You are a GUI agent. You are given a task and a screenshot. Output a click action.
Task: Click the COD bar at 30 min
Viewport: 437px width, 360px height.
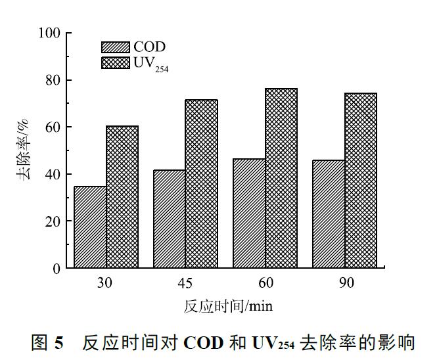coord(90,227)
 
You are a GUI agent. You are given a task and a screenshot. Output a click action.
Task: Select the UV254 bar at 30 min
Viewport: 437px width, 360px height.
coord(122,197)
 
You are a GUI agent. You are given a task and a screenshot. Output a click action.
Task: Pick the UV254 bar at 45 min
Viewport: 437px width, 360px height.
coord(202,184)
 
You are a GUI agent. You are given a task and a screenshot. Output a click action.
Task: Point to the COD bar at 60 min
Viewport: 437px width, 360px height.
coord(249,214)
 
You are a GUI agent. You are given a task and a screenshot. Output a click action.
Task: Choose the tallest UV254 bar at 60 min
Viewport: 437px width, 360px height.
coord(281,178)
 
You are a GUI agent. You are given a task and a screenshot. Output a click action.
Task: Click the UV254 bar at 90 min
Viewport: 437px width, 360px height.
coord(361,181)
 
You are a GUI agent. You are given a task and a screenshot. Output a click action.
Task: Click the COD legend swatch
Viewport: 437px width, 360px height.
coord(116,47)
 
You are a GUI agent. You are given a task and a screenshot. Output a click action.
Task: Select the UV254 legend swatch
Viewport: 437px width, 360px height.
coord(116,62)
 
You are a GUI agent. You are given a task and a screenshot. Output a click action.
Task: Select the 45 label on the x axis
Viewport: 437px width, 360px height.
coord(185,284)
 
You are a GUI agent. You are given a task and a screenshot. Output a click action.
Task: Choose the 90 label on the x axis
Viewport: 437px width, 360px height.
coord(345,284)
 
